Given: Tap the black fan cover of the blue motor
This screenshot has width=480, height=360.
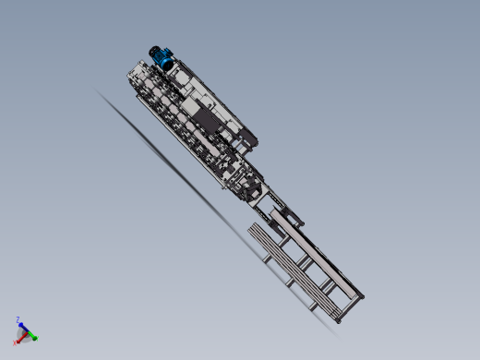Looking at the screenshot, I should tap(154, 53).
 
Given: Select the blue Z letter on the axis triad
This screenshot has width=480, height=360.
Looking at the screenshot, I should tap(18, 319).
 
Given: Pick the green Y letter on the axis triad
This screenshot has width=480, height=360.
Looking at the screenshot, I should tap(37, 338).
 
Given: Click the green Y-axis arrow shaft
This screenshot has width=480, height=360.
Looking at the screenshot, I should tap(30, 334).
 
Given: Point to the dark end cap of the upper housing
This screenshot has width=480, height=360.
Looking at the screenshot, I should tap(250, 140).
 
